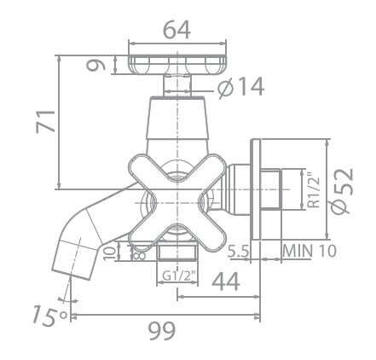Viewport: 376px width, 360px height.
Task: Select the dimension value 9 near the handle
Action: pyautogui.click(x=99, y=64)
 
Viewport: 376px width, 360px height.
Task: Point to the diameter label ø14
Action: pyautogui.click(x=240, y=87)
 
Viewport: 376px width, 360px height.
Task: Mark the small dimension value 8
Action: pyautogui.click(x=136, y=252)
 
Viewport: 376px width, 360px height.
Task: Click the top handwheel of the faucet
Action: pyautogui.click(x=177, y=65)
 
